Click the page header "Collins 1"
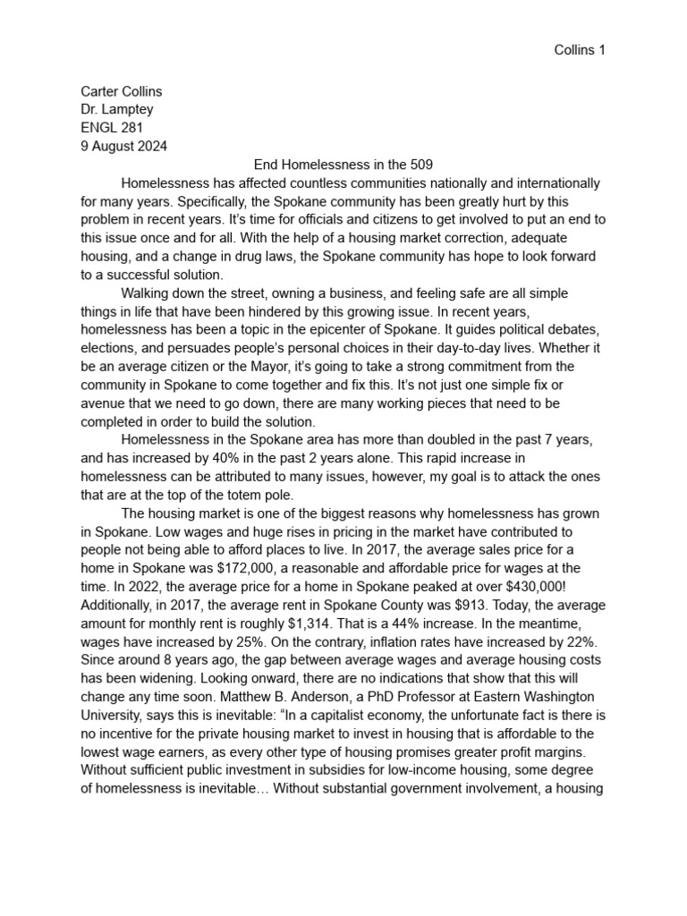[580, 50]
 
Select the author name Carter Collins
[121, 91]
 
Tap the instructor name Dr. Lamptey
[116, 109]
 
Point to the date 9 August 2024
[123, 146]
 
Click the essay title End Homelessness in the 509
[343, 165]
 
